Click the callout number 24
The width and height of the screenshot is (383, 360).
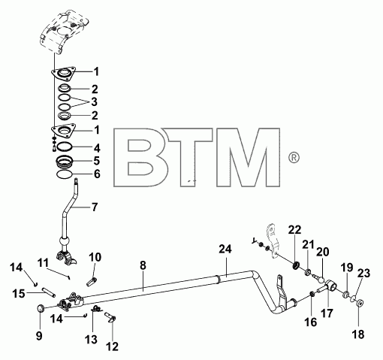pyautogui.click(x=225, y=250)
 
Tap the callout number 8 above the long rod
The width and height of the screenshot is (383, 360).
pyautogui.click(x=143, y=266)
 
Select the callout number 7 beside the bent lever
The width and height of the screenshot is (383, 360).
pyautogui.click(x=95, y=207)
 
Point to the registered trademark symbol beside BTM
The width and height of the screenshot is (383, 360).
pyautogui.click(x=294, y=158)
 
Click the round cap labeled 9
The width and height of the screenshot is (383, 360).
pyautogui.click(x=41, y=308)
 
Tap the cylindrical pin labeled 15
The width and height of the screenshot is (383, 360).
pyautogui.click(x=50, y=292)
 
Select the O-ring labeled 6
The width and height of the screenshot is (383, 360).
pyautogui.click(x=65, y=174)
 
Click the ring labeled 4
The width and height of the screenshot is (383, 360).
pyautogui.click(x=65, y=147)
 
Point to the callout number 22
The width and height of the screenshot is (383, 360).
pyautogui.click(x=294, y=230)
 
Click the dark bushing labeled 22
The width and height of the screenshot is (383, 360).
pyautogui.click(x=296, y=265)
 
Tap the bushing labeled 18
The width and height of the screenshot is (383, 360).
pyautogui.click(x=360, y=303)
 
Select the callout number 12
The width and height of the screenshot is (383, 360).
pyautogui.click(x=112, y=346)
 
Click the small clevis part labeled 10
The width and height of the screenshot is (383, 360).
pyautogui.click(x=92, y=282)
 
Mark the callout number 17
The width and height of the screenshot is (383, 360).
pyautogui.click(x=327, y=313)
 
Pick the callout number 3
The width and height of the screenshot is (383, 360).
pyautogui.click(x=94, y=102)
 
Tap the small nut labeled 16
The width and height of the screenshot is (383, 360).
pyautogui.click(x=312, y=293)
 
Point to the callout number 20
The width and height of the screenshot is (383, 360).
pyautogui.click(x=322, y=252)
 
